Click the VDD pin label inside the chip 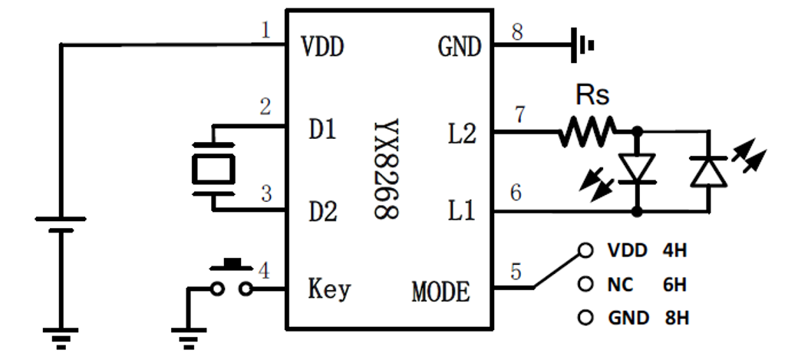click(322, 48)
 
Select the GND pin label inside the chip click(459, 48)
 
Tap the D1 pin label click(322, 130)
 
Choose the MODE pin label click(440, 292)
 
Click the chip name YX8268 click(387, 169)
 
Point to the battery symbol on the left click(60, 223)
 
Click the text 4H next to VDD click(674, 251)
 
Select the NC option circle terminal click(587, 285)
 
